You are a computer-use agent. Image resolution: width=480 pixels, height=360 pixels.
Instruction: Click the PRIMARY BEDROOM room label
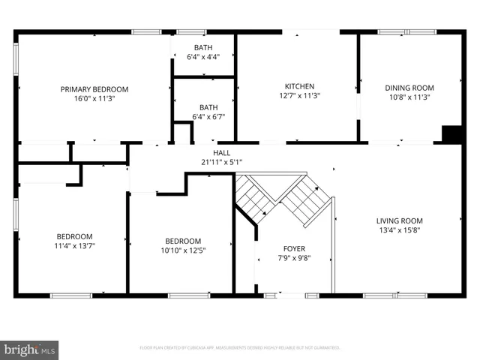click(x=94, y=88)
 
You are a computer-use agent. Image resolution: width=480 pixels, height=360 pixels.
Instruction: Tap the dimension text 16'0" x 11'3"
click(x=94, y=97)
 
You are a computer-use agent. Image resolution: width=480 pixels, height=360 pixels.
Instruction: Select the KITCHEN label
click(x=298, y=86)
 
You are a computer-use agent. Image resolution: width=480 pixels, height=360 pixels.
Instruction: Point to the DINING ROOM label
click(x=409, y=88)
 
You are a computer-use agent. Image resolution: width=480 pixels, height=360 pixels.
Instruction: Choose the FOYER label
click(x=294, y=248)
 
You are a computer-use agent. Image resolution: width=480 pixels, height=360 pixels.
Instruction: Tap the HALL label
click(x=221, y=152)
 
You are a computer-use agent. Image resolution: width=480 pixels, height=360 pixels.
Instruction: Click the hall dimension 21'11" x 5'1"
click(x=221, y=162)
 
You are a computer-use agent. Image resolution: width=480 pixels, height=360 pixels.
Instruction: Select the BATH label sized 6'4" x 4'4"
click(x=203, y=48)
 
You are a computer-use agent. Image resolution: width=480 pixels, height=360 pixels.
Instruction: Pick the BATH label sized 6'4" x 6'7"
click(x=208, y=107)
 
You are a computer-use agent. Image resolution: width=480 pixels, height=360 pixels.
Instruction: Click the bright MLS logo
click(x=30, y=349)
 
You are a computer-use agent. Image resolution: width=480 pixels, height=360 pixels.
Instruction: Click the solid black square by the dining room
click(x=452, y=134)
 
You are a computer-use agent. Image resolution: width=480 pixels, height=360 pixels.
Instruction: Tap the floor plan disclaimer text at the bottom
click(x=240, y=347)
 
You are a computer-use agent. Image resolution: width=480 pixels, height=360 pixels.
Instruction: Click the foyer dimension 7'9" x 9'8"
click(x=294, y=258)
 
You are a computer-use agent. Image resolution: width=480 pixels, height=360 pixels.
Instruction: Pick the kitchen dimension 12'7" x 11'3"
click(x=298, y=96)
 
